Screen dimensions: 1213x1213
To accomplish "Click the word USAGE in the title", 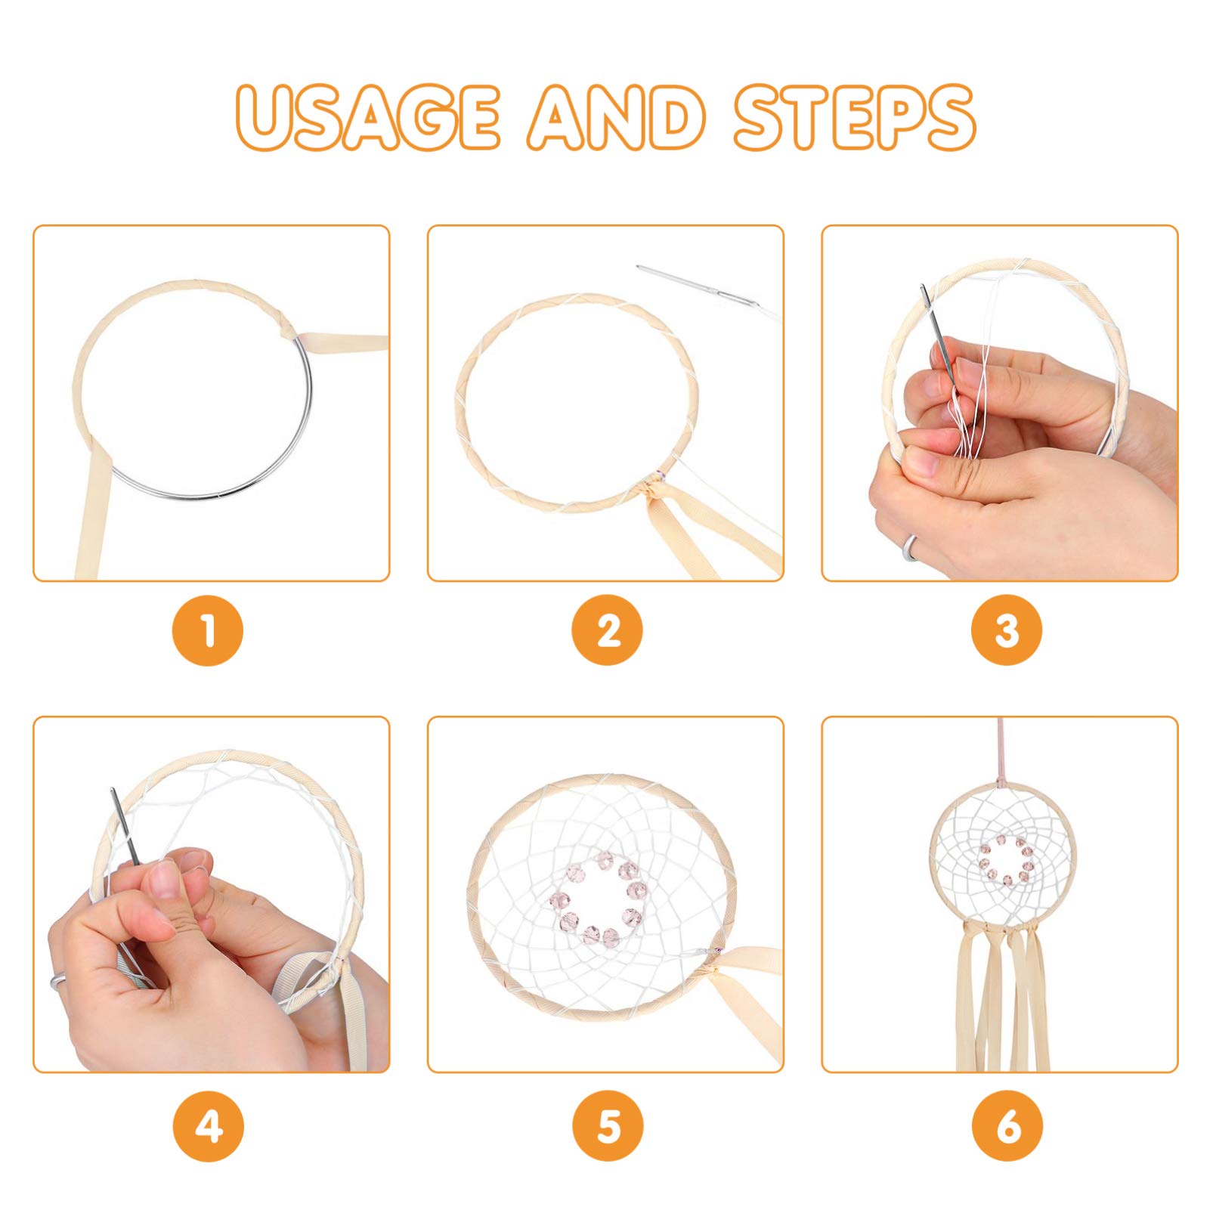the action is pyautogui.click(x=368, y=118).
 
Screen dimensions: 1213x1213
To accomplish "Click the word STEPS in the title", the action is pyautogui.click(x=854, y=118).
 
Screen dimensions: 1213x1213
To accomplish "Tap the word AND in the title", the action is pyautogui.click(x=617, y=118).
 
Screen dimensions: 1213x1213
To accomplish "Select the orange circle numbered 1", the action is pyautogui.click(x=209, y=630).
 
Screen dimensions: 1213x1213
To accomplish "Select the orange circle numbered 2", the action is pyautogui.click(x=607, y=630).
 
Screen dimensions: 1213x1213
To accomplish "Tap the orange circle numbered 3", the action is pyautogui.click(x=1007, y=630).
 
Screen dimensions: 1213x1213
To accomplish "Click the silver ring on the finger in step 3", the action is pyautogui.click(x=911, y=547).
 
